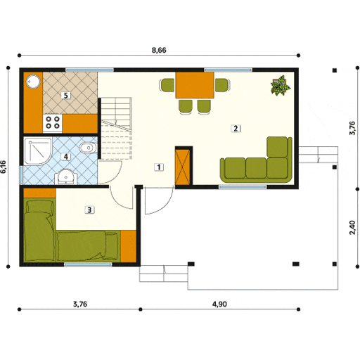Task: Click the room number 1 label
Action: coord(160,167)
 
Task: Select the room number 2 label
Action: coord(236,128)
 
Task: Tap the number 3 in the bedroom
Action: coord(89,209)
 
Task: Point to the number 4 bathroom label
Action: coord(66,157)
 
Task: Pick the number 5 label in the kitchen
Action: coord(66,95)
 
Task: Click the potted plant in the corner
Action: coord(280,86)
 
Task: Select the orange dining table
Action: coord(194,85)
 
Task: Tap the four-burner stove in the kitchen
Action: coord(53,123)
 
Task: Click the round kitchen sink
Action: coord(33,82)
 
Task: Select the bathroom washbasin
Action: coord(64,176)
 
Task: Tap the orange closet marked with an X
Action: coord(183,167)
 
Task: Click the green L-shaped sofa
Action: coord(260,165)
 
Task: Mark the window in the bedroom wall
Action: coord(83,264)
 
